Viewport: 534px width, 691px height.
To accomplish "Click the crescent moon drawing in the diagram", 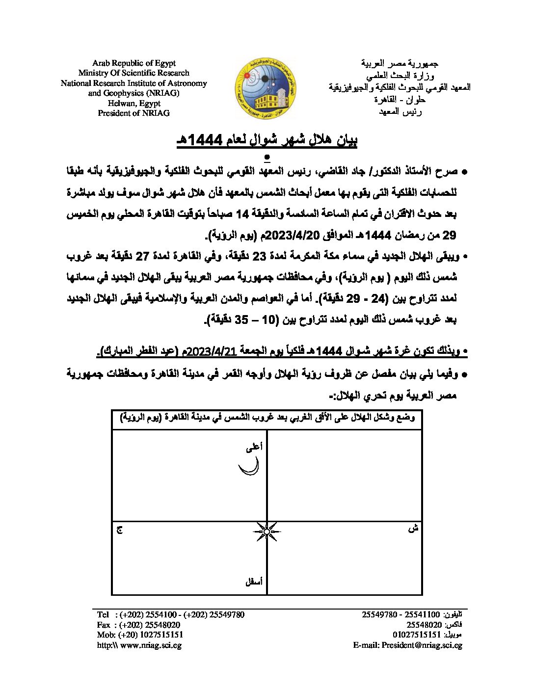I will point(249,466).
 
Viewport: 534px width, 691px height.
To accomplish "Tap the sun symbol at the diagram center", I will point(267,532).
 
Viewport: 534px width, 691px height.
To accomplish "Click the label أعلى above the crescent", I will point(254,447).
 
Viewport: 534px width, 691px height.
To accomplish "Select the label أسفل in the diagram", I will point(254,582).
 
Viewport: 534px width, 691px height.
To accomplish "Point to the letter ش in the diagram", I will point(413,529).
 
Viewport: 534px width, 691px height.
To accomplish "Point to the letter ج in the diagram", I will point(119,530).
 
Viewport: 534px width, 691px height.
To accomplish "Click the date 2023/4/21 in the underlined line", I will point(212,351).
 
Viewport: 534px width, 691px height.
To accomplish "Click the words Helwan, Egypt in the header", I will point(134,103).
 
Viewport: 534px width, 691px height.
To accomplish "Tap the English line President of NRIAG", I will point(133,113).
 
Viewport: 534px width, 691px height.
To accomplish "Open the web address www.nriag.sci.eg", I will point(151,645).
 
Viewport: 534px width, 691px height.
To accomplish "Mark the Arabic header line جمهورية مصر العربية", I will point(400,64).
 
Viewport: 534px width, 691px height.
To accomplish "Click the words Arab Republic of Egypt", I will point(133,63).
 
